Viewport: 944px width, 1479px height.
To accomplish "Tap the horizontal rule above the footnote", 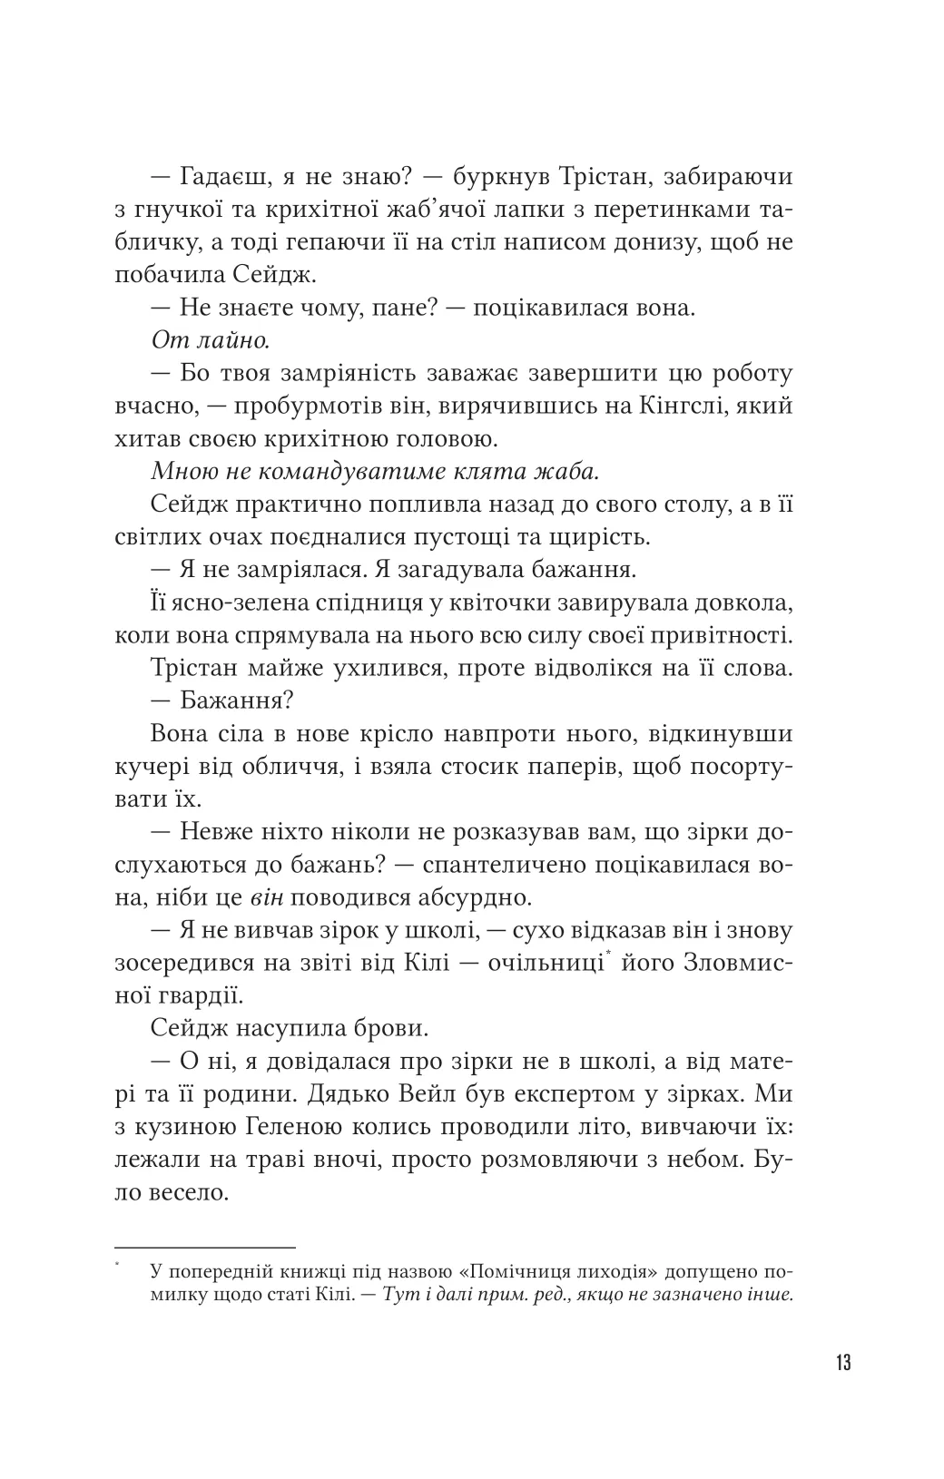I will click(x=206, y=1248).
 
